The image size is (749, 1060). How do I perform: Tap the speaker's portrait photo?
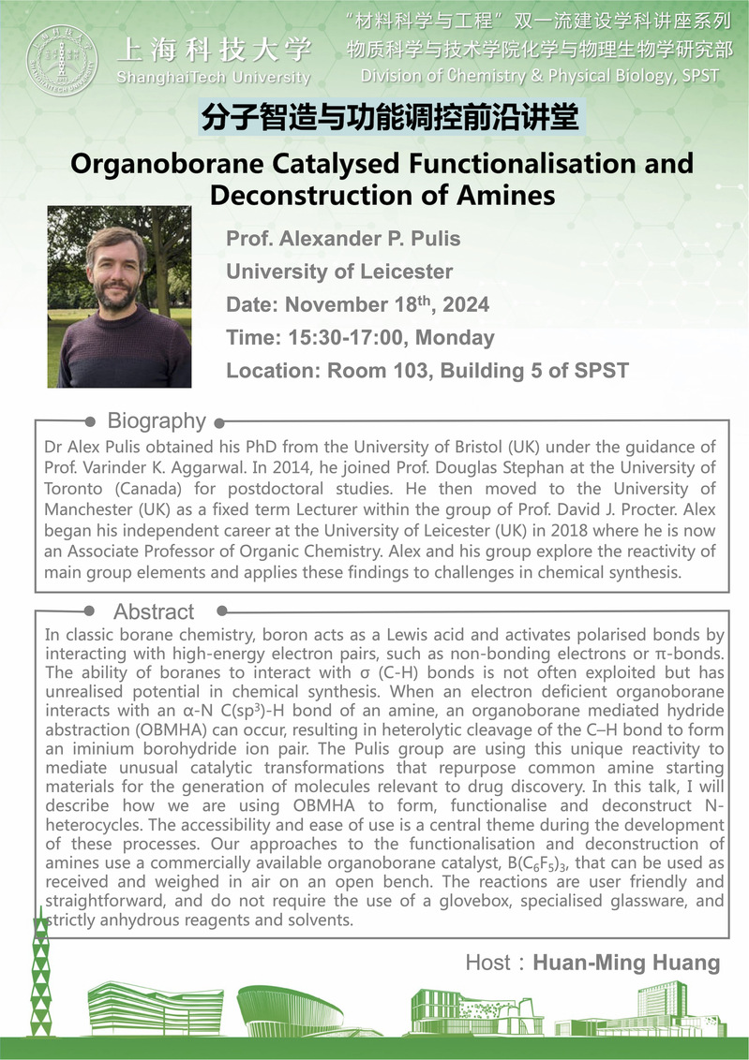119,297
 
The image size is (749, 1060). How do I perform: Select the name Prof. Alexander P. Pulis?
343,239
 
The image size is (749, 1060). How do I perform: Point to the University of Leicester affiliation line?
339,272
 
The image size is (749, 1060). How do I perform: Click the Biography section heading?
157,420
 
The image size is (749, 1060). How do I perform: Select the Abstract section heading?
154,612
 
